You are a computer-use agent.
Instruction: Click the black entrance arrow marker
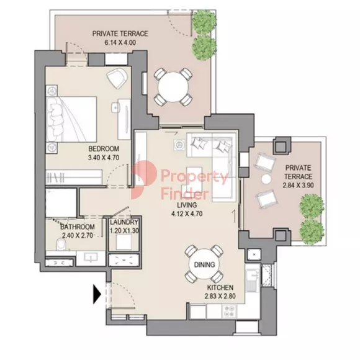(x=97, y=294)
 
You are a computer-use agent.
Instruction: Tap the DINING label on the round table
(x=204, y=264)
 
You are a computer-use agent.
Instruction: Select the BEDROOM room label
(x=104, y=149)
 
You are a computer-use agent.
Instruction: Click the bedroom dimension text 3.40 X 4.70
(x=104, y=158)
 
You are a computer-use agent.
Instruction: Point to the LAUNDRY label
(x=124, y=222)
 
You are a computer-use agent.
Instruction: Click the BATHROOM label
(x=78, y=227)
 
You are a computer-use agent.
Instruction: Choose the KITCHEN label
(x=220, y=287)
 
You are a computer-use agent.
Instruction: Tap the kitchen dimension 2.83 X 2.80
(x=220, y=296)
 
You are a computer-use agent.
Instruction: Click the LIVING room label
(x=187, y=205)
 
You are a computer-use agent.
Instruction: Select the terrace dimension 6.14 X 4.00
(x=120, y=43)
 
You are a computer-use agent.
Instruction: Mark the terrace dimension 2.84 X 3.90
(x=298, y=185)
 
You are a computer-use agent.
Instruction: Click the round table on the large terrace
(x=173, y=87)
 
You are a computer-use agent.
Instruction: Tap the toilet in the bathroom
(x=61, y=245)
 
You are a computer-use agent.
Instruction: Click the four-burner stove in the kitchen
(x=230, y=312)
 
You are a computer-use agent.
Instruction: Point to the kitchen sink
(x=253, y=281)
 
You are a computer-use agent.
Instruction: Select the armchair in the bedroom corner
(x=117, y=78)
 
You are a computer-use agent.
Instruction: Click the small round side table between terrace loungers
(x=266, y=179)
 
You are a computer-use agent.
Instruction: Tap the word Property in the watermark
(x=195, y=177)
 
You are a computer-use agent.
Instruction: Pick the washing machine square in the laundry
(x=124, y=242)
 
